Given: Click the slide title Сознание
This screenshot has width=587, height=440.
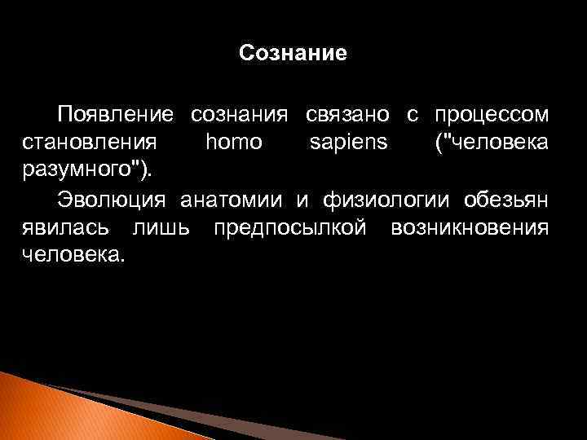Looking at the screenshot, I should [x=293, y=54].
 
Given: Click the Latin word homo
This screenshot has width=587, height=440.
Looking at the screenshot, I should [x=234, y=143].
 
